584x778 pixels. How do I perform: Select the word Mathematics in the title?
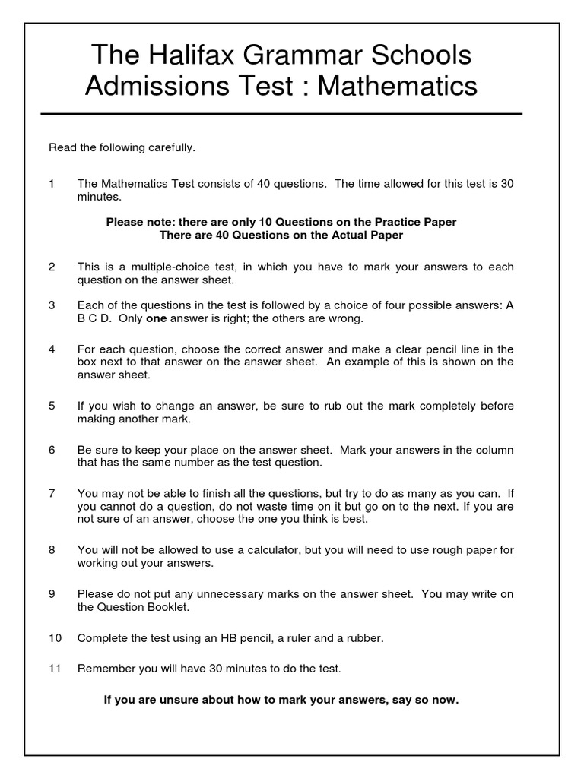tap(397, 86)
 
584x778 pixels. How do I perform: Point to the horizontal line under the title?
tap(281, 114)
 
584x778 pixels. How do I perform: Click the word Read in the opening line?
tap(62, 147)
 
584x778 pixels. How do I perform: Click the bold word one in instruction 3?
tap(156, 318)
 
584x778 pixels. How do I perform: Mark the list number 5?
tap(52, 406)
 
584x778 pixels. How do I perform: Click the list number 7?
tap(52, 493)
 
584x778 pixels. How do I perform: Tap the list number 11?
tap(55, 669)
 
